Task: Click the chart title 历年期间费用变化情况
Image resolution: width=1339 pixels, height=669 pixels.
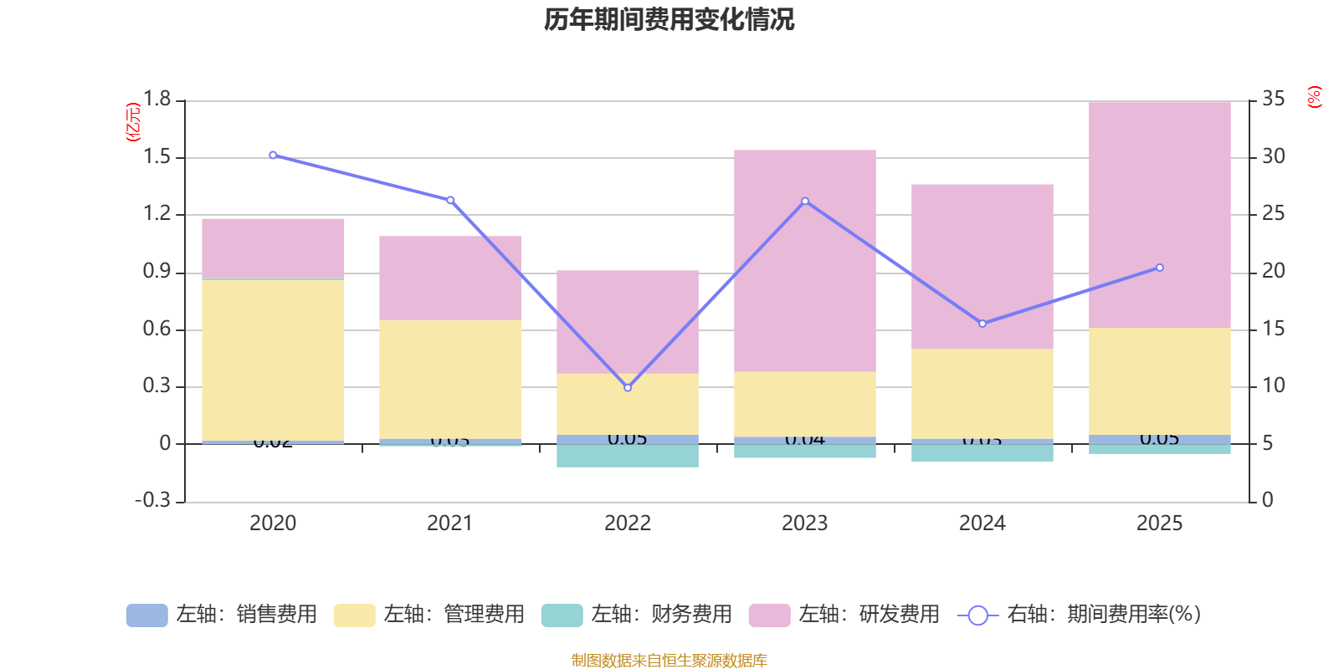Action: [669, 19]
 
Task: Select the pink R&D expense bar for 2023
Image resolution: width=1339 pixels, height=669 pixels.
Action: [804, 260]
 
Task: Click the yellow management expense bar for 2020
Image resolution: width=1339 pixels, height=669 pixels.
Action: [273, 360]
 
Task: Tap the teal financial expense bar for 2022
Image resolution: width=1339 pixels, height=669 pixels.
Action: [627, 456]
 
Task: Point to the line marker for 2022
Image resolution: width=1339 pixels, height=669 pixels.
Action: [628, 387]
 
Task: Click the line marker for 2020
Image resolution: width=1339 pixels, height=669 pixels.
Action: [273, 155]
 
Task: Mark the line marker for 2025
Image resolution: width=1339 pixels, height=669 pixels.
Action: [1159, 268]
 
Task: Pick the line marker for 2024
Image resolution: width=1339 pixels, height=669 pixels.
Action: [982, 324]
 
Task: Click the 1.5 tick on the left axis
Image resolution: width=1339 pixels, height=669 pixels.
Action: [156, 157]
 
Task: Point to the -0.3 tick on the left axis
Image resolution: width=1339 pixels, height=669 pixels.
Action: [152, 500]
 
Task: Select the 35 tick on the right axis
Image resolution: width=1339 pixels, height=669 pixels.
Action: [1273, 100]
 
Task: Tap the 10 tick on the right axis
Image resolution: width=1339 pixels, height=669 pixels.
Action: [1273, 386]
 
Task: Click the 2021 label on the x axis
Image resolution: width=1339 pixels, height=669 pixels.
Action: [449, 523]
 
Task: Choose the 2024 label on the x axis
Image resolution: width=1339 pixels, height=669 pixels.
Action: [982, 523]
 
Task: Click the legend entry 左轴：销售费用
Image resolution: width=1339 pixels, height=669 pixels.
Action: [222, 615]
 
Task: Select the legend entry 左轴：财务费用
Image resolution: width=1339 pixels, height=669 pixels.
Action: [637, 615]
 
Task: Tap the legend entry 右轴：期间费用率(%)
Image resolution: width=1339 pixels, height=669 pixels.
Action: [1079, 615]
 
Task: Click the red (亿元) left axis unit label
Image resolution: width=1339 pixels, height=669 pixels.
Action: [132, 122]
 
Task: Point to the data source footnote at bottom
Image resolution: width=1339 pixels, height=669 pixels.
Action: [669, 661]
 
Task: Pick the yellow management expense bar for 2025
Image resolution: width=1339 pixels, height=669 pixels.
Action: [1159, 380]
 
